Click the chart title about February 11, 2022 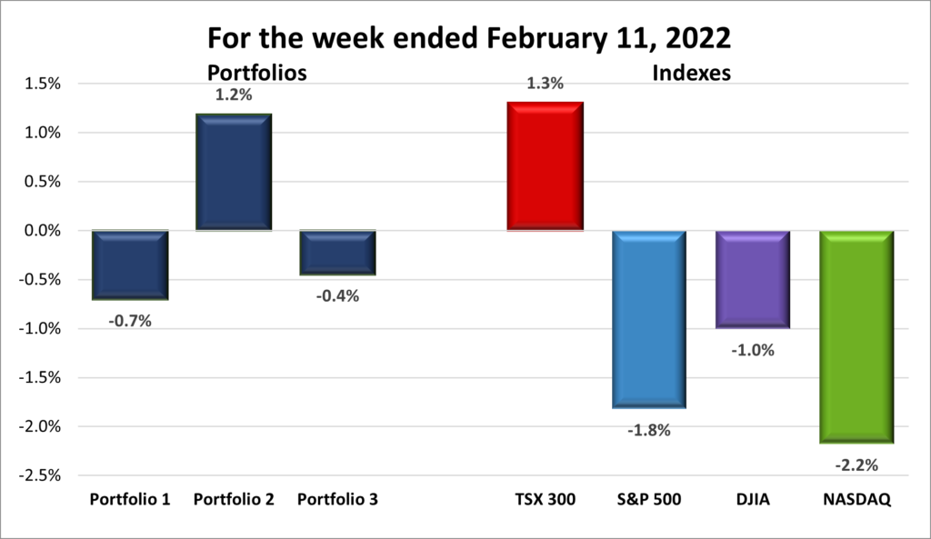[465, 39]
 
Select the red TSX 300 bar [545, 166]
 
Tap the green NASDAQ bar [856, 336]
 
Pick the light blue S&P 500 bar [648, 319]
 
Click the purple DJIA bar [752, 279]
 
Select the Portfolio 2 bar [234, 172]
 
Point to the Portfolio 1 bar [130, 265]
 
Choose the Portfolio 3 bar [337, 253]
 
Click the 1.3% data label [545, 84]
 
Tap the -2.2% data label [856, 465]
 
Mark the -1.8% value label [648, 430]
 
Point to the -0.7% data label [130, 320]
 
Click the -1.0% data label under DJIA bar [752, 349]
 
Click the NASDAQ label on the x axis [856, 499]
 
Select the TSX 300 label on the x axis [545, 499]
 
